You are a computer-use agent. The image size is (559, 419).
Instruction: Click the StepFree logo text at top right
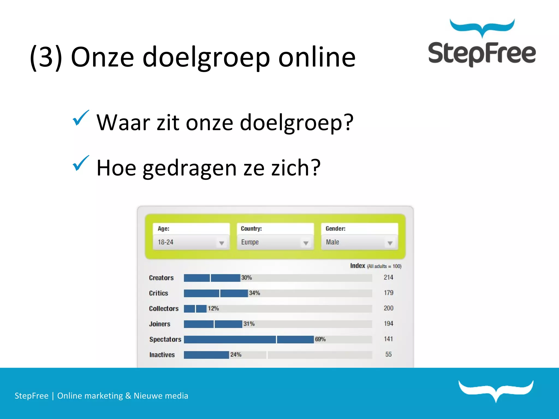click(482, 53)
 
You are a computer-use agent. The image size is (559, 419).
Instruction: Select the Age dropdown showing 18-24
click(191, 242)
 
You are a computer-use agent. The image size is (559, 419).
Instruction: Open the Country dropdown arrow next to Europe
click(306, 243)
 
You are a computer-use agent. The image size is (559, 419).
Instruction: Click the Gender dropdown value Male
click(332, 242)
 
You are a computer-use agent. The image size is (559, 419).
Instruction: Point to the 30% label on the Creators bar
click(246, 278)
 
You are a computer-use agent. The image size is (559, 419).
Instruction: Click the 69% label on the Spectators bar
click(320, 339)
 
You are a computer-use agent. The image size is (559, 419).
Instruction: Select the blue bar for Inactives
click(206, 355)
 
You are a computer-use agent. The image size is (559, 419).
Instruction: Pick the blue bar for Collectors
click(195, 309)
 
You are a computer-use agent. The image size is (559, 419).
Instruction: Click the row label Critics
click(159, 293)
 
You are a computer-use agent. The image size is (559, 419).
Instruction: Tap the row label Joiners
click(160, 324)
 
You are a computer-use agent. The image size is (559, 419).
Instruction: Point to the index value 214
click(388, 277)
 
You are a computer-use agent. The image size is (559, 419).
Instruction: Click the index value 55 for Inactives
click(388, 354)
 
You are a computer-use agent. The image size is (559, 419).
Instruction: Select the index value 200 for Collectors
click(388, 308)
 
